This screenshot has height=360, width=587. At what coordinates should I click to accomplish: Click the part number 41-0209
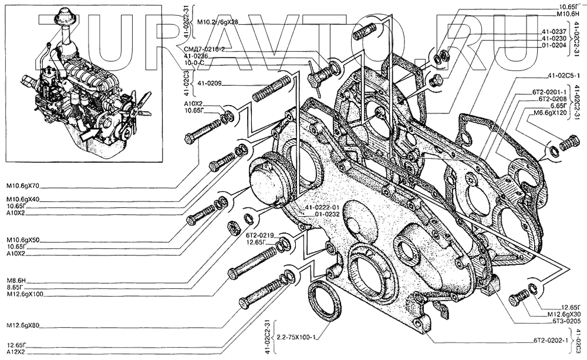(210, 83)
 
